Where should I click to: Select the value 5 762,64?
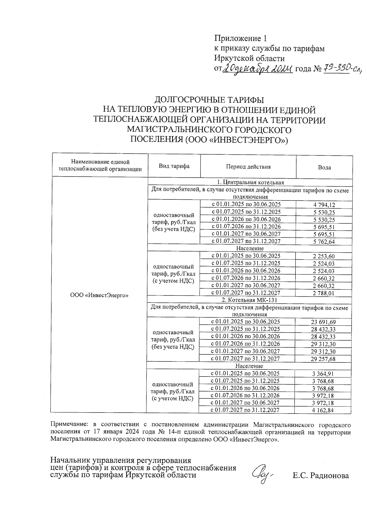coord(324,242)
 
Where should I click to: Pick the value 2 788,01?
coord(324,293)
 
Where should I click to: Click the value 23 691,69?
coord(323,322)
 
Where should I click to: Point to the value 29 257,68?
coord(323,359)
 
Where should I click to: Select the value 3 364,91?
coord(323,374)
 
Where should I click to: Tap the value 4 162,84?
coord(323,410)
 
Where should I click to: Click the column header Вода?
coord(324,168)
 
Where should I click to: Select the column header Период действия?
coord(248,167)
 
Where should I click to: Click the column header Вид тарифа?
coord(174,166)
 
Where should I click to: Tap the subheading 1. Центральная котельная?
coord(250,183)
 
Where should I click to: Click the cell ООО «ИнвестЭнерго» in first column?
coord(99,295)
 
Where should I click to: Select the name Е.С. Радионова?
coord(321,476)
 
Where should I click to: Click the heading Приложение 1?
coord(240,38)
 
